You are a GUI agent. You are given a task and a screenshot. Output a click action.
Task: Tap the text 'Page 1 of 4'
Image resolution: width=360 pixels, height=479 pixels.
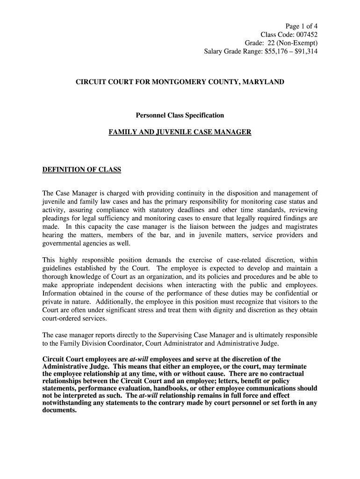(302, 26)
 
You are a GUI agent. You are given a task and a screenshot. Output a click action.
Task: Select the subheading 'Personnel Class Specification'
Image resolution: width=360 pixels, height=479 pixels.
(180, 115)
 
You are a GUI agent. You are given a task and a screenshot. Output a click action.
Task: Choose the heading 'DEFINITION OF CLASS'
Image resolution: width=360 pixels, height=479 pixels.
(82, 170)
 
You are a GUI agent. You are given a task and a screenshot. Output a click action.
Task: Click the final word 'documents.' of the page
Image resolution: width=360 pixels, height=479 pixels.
(59, 410)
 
